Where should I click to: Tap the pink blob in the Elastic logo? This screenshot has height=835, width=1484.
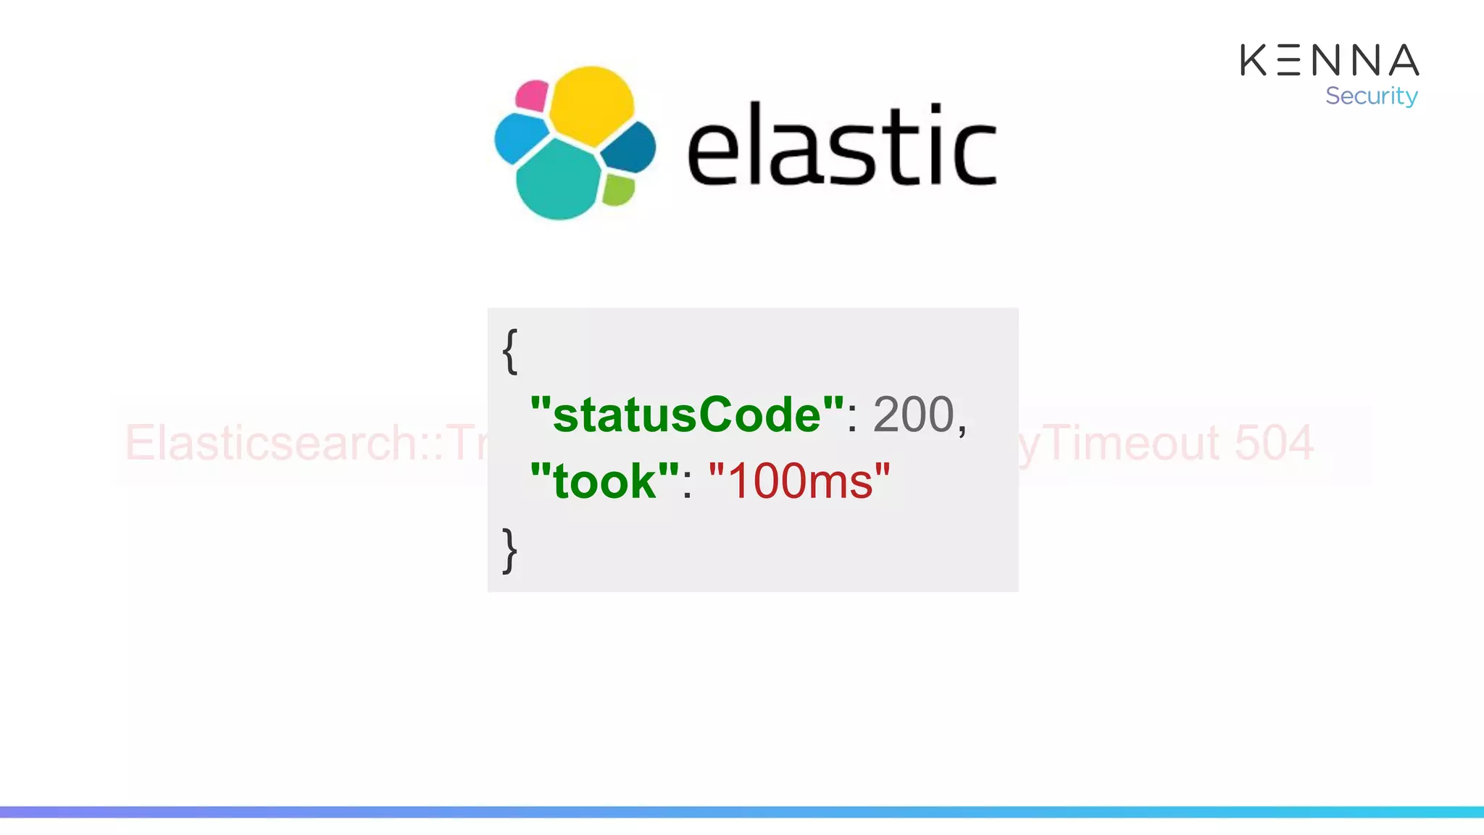532,96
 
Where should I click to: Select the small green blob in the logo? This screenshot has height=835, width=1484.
618,189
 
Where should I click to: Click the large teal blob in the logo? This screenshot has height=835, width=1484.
558,180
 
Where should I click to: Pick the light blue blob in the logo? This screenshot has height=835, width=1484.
520,138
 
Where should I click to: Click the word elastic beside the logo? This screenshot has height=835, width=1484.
841,145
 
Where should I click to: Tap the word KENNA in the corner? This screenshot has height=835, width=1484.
1329,60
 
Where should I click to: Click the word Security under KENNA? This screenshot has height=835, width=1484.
1371,96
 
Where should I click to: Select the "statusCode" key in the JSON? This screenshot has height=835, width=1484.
687,415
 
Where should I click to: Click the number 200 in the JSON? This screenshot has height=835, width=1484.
914,415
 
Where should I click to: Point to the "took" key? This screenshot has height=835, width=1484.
604,481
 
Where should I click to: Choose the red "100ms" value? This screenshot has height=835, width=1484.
799,481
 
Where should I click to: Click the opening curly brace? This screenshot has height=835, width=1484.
510,351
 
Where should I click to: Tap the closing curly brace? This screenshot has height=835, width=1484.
510,550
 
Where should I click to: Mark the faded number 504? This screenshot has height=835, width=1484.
1273,443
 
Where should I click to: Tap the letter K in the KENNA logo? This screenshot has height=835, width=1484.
1254,60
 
